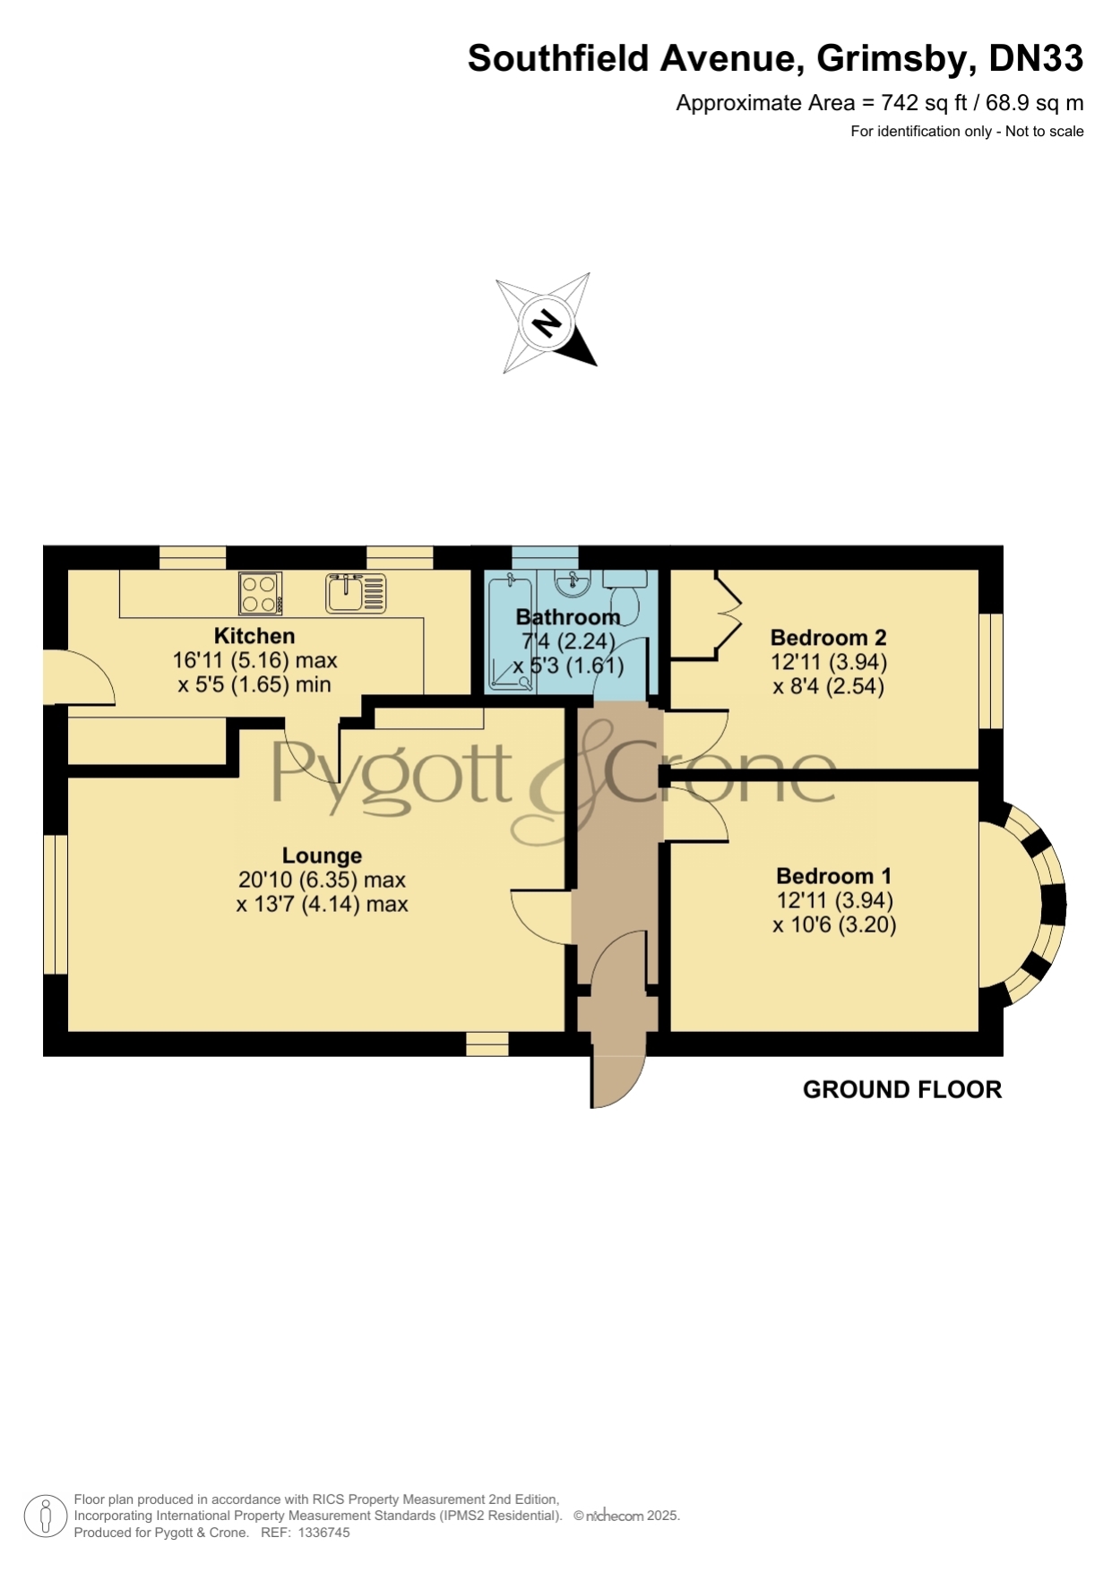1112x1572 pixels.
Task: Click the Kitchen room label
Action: (254, 636)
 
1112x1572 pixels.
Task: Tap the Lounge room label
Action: (322, 856)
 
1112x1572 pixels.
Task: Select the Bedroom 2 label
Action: (829, 638)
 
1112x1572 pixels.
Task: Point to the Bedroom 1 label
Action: (834, 876)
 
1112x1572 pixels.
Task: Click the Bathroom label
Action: (568, 617)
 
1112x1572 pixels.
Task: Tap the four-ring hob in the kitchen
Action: (260, 593)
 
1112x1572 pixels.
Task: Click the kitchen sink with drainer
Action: (356, 593)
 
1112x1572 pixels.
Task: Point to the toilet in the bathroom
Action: (625, 596)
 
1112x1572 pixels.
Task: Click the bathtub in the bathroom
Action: (510, 632)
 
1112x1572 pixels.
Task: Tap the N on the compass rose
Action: (546, 322)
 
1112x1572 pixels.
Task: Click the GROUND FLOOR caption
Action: (902, 1090)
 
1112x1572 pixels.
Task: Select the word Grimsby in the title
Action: (893, 58)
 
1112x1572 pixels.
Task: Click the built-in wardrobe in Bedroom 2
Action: (707, 614)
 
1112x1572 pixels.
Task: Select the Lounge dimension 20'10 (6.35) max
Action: (322, 880)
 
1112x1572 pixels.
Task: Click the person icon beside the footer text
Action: (44, 1517)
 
